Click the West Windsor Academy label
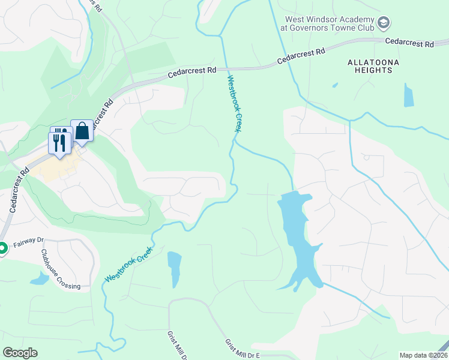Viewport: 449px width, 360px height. [327, 23]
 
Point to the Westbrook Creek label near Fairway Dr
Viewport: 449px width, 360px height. [126, 267]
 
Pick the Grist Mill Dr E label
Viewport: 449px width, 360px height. [243, 349]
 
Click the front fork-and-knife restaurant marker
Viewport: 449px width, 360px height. [59, 143]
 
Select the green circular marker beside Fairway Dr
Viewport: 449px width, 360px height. [2, 247]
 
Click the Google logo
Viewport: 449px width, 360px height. [20, 353]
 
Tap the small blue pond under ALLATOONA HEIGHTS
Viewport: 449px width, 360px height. [409, 95]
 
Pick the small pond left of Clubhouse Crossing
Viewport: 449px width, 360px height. [38, 278]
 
